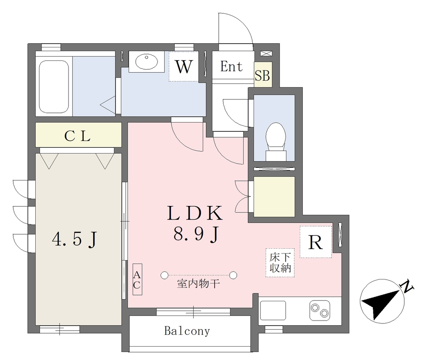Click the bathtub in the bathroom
pos(54,86)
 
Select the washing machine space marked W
pos(184,67)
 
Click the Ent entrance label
pos(231,66)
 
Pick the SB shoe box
pos(263,75)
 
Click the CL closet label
pos(77,136)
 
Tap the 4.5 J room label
pos(75,239)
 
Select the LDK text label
pos(195,213)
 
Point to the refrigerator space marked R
pos(316,242)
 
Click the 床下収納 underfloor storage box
pos(280,263)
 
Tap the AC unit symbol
pos(137,279)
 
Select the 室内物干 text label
pos(198,284)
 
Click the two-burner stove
pos(320,310)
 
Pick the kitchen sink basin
pos(273,310)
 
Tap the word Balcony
pos(187,331)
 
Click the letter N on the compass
pos(407,286)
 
